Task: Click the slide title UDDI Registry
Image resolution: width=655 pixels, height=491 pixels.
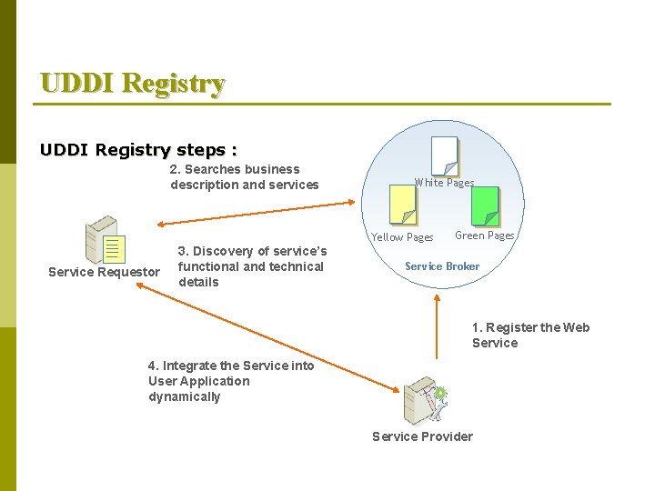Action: [x=133, y=84]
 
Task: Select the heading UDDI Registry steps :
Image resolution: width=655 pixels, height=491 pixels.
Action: [x=138, y=149]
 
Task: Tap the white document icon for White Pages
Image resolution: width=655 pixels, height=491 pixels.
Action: [x=445, y=155]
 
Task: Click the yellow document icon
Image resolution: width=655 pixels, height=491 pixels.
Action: [x=402, y=205]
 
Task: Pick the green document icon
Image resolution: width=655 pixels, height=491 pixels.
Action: [x=486, y=205]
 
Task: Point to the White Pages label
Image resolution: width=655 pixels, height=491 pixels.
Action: [x=444, y=183]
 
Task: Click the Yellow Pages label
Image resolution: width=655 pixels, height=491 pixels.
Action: [x=402, y=237]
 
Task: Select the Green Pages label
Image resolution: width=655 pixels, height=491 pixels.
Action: [x=484, y=235]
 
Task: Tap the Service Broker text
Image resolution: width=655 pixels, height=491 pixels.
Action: [x=442, y=266]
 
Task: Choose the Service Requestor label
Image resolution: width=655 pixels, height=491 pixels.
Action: [x=104, y=273]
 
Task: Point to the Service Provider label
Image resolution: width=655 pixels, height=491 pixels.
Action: [x=422, y=436]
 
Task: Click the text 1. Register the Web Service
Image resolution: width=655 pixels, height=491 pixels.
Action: [x=529, y=336]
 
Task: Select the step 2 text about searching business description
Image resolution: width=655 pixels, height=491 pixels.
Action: [x=244, y=177]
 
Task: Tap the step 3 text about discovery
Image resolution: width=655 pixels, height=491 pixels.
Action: [x=251, y=266]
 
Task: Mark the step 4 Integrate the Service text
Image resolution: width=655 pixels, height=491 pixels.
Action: [x=230, y=381]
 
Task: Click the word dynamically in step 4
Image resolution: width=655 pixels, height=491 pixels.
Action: [x=185, y=397]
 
